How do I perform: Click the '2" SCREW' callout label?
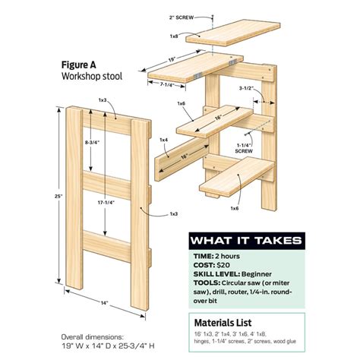185,15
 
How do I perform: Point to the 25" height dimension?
47,196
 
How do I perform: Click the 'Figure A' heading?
78,65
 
